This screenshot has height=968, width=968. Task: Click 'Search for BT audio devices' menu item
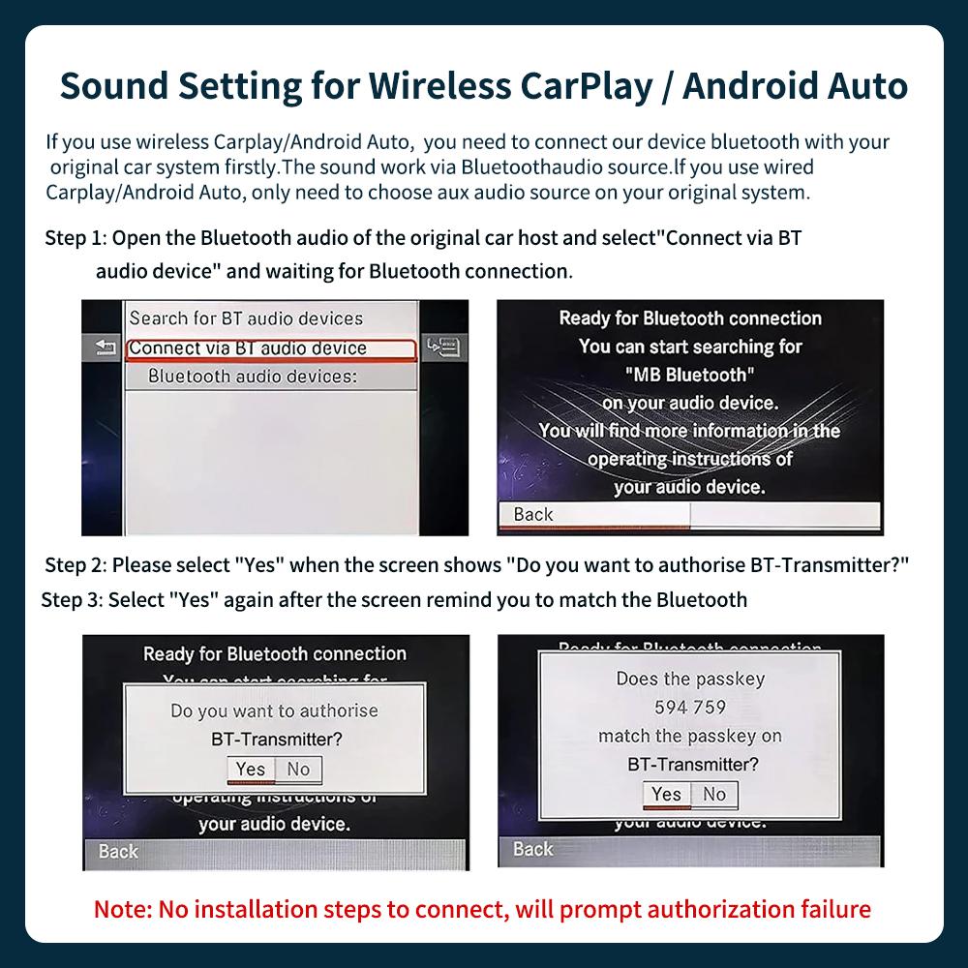coord(246,318)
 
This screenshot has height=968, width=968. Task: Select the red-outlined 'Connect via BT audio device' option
coord(248,348)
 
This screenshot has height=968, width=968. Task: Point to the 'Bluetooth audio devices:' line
coord(253,376)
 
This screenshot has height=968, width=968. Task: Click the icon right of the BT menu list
coord(445,347)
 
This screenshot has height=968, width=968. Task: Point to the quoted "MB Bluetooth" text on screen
coord(690,375)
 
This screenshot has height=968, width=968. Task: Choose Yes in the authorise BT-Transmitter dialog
coord(251,770)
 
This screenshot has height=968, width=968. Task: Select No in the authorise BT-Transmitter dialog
coord(298,770)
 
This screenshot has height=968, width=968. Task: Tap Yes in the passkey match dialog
coord(666,795)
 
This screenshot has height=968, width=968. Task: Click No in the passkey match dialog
coord(714,795)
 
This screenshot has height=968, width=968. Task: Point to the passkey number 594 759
coord(690,708)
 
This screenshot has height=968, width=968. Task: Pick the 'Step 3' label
coord(71,600)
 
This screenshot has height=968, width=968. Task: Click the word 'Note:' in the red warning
coord(123,910)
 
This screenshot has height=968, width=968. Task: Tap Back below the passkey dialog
coord(532,849)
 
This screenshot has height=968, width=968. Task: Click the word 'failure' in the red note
coord(833,910)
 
